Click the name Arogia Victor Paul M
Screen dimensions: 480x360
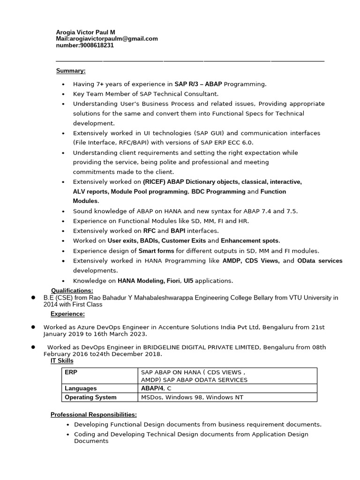pos(85,32)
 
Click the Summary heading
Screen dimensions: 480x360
pos(71,71)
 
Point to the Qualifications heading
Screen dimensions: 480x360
pos(72,291)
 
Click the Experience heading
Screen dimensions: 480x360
pos(67,314)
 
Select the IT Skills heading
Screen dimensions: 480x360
pos(62,360)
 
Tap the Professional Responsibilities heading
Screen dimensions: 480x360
pos(94,414)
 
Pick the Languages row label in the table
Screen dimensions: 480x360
pos(81,388)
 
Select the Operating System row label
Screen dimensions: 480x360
pos(90,397)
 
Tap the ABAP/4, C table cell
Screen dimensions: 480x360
pos(156,388)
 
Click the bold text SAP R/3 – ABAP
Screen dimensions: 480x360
pos(198,84)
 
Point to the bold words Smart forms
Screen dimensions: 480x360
pos(156,251)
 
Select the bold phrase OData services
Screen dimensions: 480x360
pos(320,261)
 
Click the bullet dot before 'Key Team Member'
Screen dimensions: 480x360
pos(63,94)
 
